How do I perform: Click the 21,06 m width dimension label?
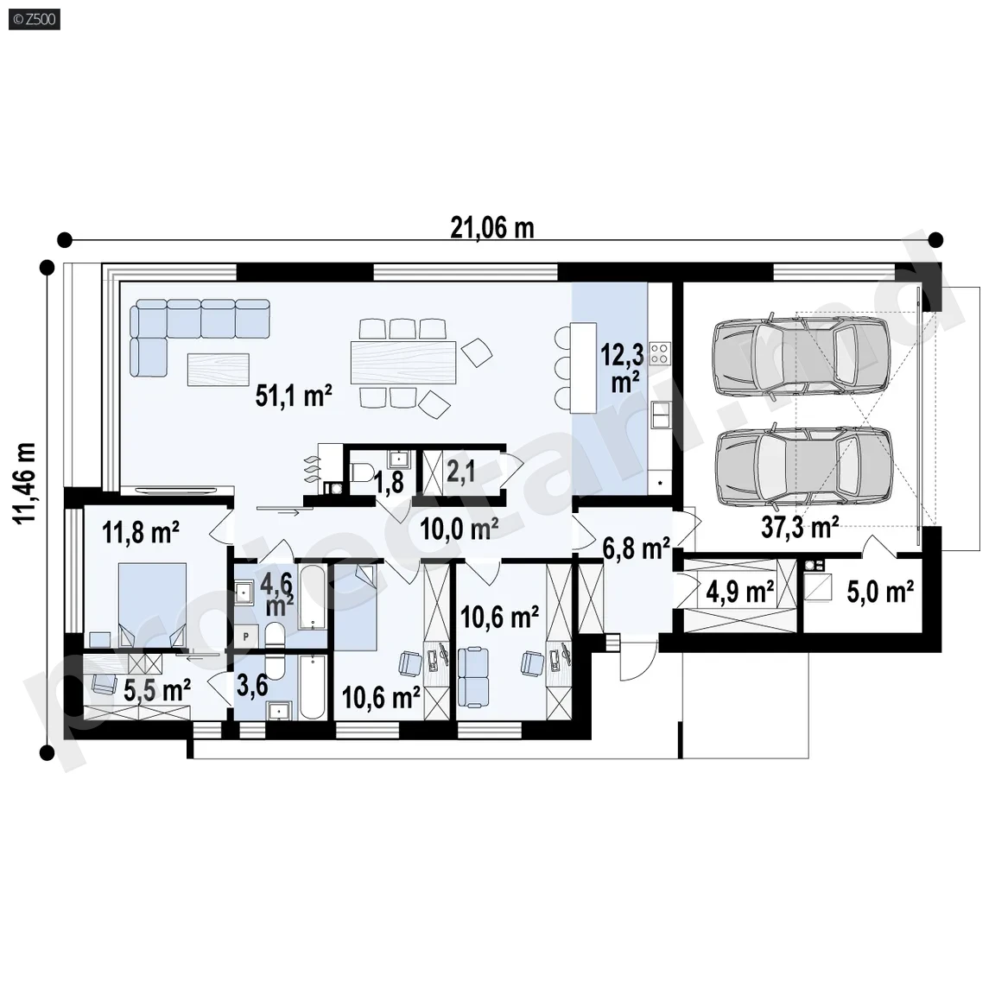[491, 228]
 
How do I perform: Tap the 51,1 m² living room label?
[294, 396]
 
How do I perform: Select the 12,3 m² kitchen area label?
[623, 368]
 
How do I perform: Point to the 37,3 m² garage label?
[800, 527]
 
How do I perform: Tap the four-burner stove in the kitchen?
[660, 353]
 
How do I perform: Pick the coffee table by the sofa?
[219, 369]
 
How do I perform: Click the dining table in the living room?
[403, 363]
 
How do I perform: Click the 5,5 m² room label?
[157, 690]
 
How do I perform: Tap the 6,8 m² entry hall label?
[636, 549]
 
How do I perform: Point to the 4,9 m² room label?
[740, 592]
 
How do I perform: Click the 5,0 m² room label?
[880, 592]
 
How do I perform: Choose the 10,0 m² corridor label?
[459, 528]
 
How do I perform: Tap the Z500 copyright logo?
[35, 19]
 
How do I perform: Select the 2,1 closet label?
[460, 472]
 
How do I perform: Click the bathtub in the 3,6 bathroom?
[312, 688]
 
